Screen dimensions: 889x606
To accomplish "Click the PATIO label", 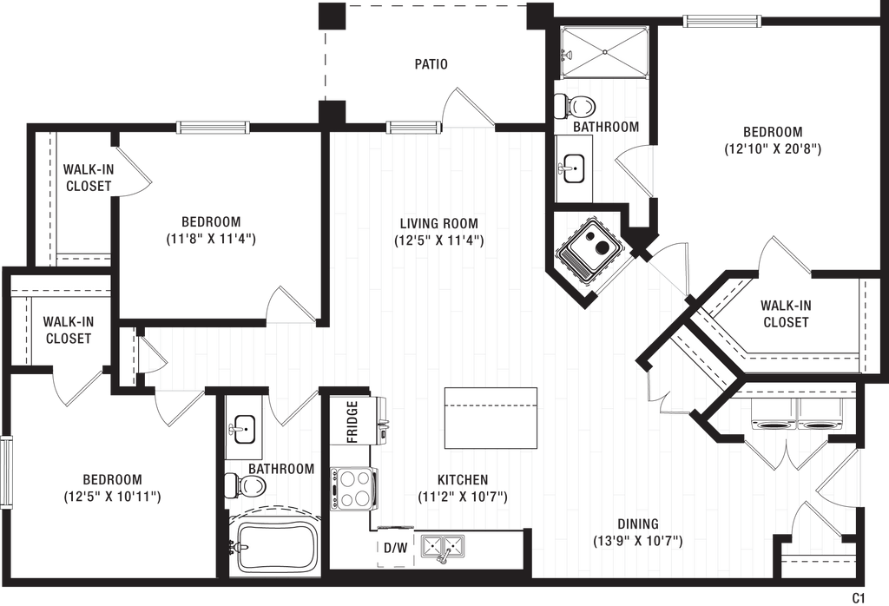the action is tap(431, 64).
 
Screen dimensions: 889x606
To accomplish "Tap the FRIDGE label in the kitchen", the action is tap(352, 422).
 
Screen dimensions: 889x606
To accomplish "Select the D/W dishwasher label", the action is tap(396, 548).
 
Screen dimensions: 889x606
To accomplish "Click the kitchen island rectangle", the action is tap(491, 418).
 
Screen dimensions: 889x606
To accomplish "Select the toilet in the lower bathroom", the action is tap(246, 485).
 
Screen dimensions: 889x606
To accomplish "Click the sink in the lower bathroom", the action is tap(244, 429).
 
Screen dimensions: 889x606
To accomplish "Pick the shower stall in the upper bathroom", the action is tap(603, 52).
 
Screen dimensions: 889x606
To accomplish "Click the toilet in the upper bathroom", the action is tap(575, 106).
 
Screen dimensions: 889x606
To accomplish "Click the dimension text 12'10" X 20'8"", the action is tap(773, 149).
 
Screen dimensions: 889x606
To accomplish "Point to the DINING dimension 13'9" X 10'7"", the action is tap(638, 541).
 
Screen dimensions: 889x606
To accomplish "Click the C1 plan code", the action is tap(858, 597).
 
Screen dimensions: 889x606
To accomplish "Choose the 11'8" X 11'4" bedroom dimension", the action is tap(211, 239).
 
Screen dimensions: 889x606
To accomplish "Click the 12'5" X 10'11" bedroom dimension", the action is tap(112, 497).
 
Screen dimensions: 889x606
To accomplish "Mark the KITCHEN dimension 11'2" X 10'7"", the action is tap(463, 497).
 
